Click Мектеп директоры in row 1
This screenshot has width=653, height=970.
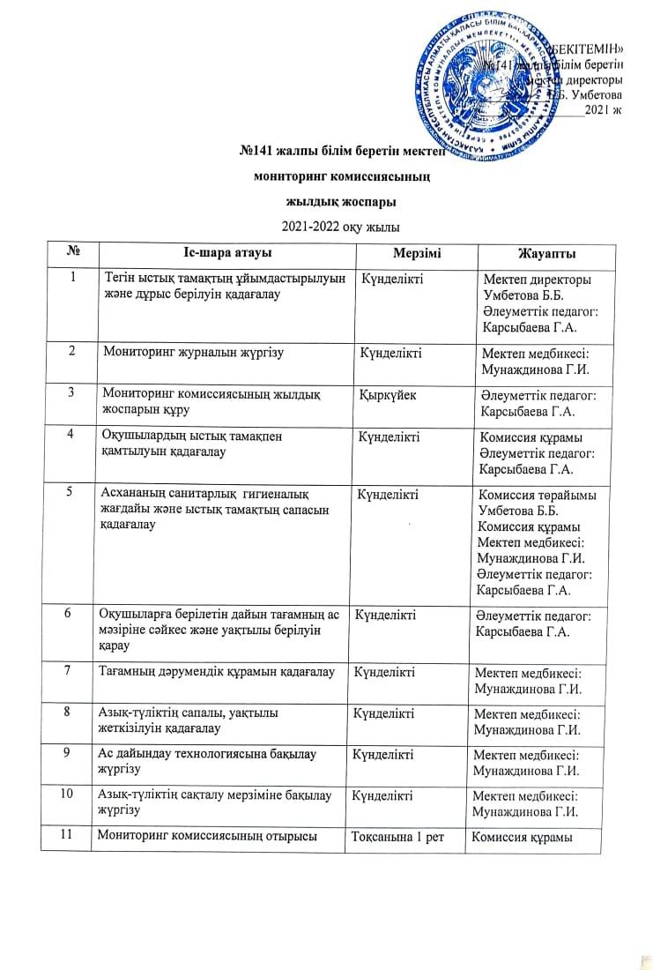point(537,280)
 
